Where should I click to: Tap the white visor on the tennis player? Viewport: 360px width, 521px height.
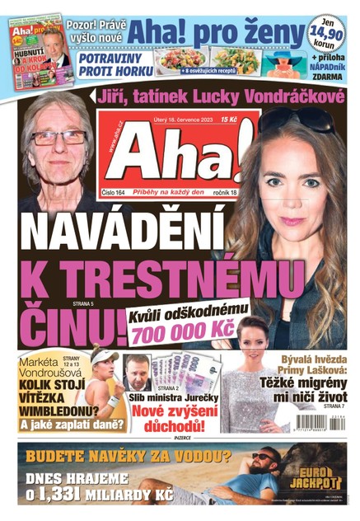(106, 358)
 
